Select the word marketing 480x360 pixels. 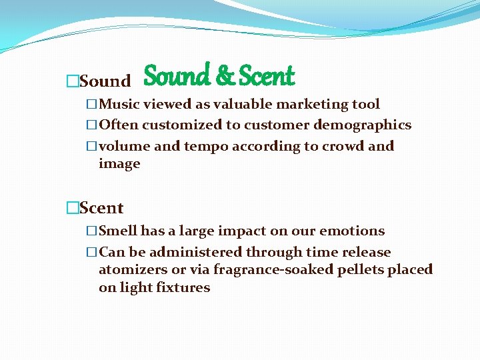[x=306, y=104]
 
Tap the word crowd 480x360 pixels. [x=341, y=146]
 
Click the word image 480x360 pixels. [x=119, y=164]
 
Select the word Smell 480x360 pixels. [x=118, y=231]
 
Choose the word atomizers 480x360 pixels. [x=133, y=270]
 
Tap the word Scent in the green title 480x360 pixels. [x=266, y=77]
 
